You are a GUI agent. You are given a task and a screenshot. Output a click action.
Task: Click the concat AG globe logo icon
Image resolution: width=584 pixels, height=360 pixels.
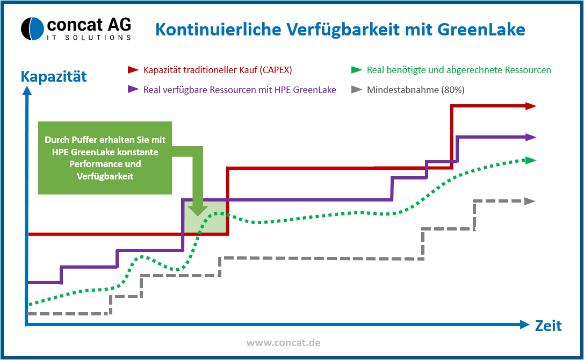click(32, 28)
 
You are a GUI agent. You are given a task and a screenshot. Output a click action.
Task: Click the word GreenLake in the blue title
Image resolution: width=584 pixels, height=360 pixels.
click(481, 30)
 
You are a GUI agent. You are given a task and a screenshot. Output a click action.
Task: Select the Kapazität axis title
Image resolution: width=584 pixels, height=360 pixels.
click(54, 76)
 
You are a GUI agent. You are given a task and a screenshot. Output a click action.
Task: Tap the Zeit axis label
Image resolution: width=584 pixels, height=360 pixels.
click(548, 326)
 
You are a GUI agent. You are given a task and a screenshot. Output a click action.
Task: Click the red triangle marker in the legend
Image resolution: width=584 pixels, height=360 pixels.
click(133, 70)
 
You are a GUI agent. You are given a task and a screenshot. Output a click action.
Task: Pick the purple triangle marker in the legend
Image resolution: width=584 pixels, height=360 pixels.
click(133, 89)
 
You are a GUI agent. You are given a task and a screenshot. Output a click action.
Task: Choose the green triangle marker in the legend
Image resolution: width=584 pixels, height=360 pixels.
click(356, 70)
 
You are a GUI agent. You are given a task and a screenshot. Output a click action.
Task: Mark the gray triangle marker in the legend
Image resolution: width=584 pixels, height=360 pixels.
click(356, 89)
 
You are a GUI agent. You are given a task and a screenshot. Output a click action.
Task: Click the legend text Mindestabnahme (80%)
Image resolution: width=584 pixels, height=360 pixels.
click(416, 90)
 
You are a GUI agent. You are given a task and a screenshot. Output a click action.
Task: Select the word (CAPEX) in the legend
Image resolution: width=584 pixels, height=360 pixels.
click(276, 70)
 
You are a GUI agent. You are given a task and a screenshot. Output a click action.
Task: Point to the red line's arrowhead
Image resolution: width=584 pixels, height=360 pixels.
click(531, 106)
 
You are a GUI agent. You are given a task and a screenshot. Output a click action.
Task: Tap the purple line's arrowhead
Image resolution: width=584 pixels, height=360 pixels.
click(531, 137)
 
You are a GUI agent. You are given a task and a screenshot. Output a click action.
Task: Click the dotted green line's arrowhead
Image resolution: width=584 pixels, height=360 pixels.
click(531, 160)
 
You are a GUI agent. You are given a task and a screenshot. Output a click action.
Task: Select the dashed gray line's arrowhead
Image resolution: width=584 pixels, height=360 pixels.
click(530, 201)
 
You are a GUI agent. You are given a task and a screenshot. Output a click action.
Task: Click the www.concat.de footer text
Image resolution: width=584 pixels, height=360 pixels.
click(284, 342)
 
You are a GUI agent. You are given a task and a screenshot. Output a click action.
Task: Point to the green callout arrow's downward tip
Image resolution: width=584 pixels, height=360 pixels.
click(197, 216)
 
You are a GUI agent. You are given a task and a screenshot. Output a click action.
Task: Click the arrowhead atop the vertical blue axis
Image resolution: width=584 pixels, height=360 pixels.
click(27, 90)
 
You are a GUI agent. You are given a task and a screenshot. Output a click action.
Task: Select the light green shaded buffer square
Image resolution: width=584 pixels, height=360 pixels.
click(205, 218)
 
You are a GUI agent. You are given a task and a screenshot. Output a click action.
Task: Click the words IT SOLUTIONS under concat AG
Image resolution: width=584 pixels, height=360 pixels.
click(89, 38)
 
